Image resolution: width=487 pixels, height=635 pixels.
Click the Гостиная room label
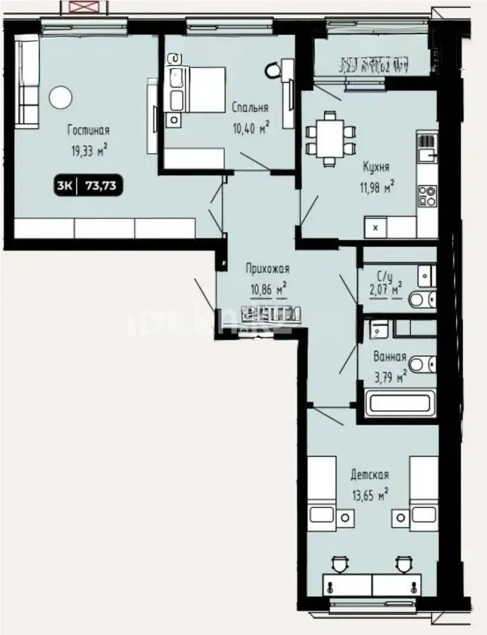coord(88,131)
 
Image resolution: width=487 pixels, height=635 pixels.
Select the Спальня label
coord(250,108)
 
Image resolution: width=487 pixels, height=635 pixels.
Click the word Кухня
coord(376,168)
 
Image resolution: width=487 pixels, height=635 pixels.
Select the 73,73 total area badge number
coord(100,186)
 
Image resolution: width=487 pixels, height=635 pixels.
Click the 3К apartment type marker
coord(64,186)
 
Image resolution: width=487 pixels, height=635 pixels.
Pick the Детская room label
coord(370,476)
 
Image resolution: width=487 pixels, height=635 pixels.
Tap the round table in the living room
coord(59,96)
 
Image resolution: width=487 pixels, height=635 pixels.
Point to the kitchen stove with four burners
coord(426,195)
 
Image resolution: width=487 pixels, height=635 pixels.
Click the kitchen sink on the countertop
coord(427,150)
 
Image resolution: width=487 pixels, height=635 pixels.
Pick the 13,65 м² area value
coord(369,495)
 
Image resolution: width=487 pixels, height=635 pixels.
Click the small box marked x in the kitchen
coord(375,228)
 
